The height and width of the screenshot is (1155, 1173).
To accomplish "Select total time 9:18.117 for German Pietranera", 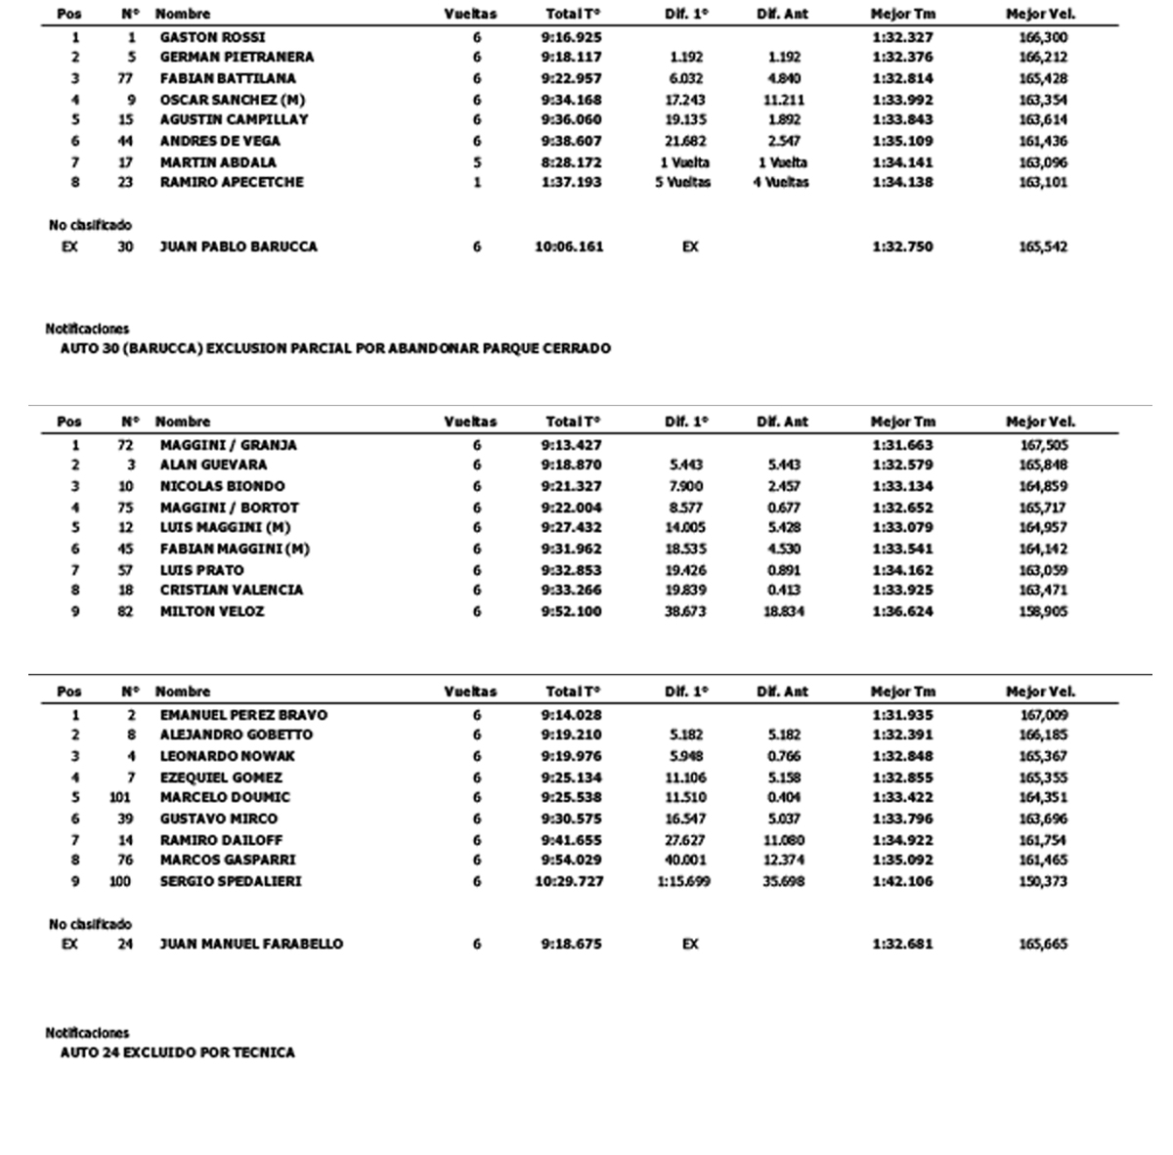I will pyautogui.click(x=572, y=57).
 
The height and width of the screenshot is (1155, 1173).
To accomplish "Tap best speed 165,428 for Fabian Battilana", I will pyautogui.click(x=1043, y=78).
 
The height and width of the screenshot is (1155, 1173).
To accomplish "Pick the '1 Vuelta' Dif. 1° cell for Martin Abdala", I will pyautogui.click(x=684, y=162).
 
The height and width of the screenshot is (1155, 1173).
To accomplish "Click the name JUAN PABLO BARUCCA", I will pyautogui.click(x=239, y=246).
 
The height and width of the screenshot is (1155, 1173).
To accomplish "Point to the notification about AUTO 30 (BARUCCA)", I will pyautogui.click(x=335, y=348).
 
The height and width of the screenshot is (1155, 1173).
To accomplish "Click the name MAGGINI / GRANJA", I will pyautogui.click(x=228, y=445).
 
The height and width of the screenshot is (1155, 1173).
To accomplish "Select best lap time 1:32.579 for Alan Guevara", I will pyautogui.click(x=902, y=465).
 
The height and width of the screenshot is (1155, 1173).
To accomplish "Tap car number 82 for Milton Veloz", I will pyautogui.click(x=125, y=611).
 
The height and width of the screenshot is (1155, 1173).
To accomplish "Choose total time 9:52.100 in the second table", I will pyautogui.click(x=572, y=611).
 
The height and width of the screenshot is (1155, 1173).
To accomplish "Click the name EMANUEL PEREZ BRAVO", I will pyautogui.click(x=243, y=715).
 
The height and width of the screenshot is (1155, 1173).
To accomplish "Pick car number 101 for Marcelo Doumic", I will pyautogui.click(x=120, y=797).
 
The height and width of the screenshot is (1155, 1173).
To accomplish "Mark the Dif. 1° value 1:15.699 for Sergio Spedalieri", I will pyautogui.click(x=684, y=881).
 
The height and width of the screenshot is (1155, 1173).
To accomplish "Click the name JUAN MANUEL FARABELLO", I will pyautogui.click(x=251, y=944).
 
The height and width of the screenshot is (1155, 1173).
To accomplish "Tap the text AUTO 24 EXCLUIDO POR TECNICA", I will pyautogui.click(x=177, y=1052).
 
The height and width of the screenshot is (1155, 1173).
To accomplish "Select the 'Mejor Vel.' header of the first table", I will pyautogui.click(x=1040, y=14).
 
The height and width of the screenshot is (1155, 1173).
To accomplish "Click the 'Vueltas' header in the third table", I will pyautogui.click(x=470, y=691).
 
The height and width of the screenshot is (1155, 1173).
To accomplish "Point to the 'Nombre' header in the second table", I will pyautogui.click(x=183, y=422).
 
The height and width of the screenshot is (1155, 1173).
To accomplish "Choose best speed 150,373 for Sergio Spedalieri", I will pyautogui.click(x=1043, y=881).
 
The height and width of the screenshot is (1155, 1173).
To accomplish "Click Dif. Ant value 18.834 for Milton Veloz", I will pyautogui.click(x=783, y=611).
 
